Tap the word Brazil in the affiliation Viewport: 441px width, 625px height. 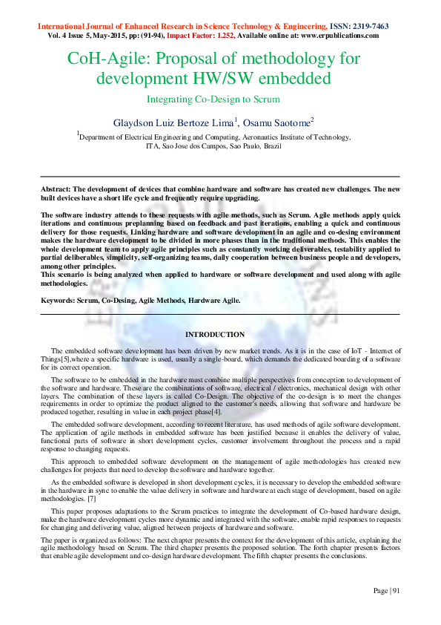(x=271, y=146)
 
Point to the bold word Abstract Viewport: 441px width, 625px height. (x=56, y=190)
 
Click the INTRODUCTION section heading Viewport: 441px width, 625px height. (x=215, y=335)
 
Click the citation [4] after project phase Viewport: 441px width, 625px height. (x=216, y=412)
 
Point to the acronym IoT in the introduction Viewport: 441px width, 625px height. (x=354, y=350)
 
